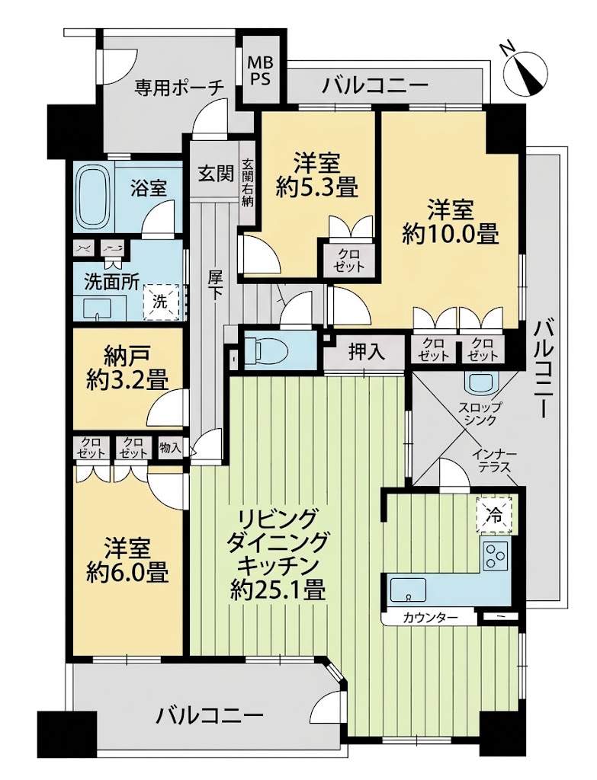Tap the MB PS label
[x=261, y=71]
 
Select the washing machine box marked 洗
[x=161, y=302]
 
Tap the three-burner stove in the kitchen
[x=495, y=556]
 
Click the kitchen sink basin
[x=408, y=590]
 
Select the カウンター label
[x=430, y=619]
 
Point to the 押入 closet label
[x=367, y=352]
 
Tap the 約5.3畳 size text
[x=316, y=188]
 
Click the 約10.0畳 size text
[x=451, y=234]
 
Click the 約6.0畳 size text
[x=127, y=573]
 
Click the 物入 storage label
[x=170, y=448]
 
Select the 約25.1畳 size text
[x=278, y=592]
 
